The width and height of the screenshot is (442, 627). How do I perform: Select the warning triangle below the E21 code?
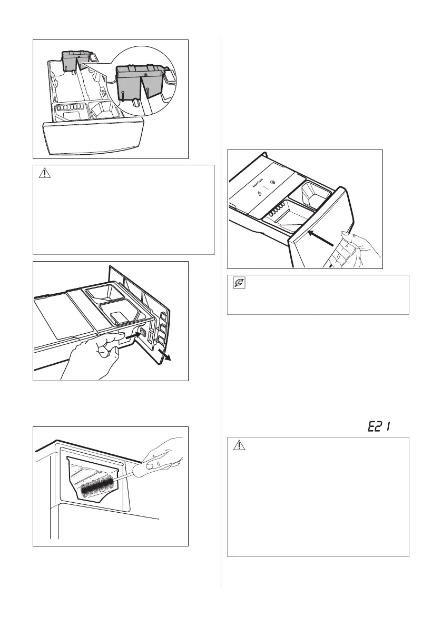[x=238, y=445]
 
